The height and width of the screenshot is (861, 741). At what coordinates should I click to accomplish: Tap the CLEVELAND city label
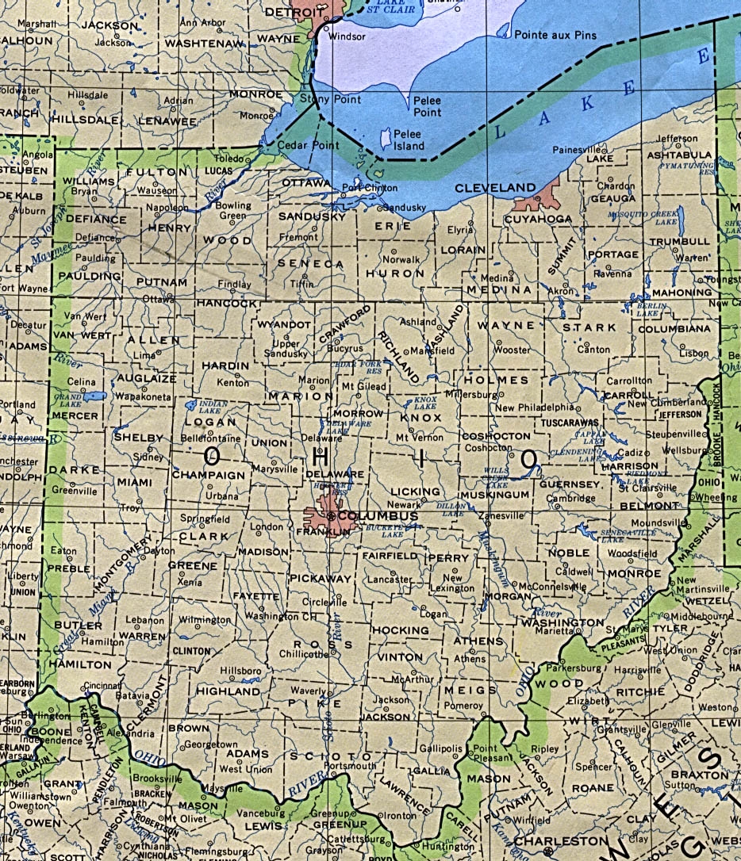[x=495, y=188]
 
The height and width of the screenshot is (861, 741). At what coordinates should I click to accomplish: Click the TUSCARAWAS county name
[x=569, y=423]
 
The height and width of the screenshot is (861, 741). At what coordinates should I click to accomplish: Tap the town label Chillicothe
[x=304, y=654]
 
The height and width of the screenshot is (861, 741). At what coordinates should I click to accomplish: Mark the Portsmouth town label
[x=348, y=766]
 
